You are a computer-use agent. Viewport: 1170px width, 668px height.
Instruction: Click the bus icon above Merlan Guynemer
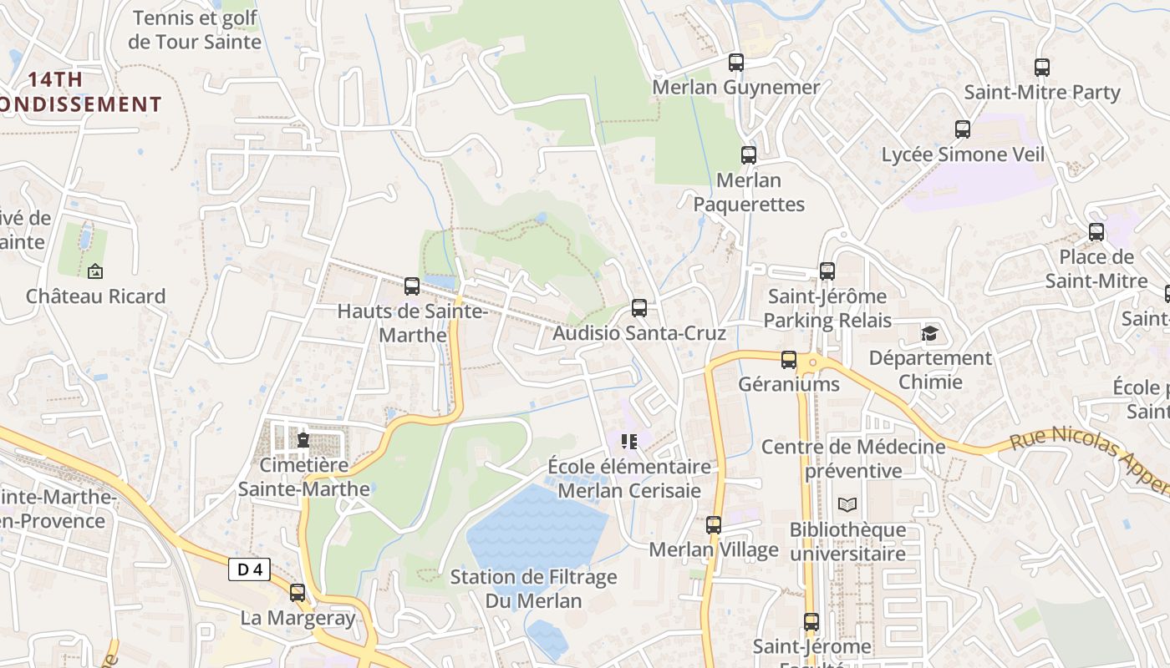[x=735, y=63]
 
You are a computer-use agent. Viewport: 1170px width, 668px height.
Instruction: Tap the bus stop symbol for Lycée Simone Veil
[x=963, y=129]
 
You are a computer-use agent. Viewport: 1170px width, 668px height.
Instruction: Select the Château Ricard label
[x=95, y=296]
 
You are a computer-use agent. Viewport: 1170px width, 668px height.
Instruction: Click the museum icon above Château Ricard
[x=94, y=271]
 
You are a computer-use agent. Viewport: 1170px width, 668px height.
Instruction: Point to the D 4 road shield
[x=249, y=569]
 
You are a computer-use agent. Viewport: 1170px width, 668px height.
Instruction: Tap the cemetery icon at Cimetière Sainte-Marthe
[x=303, y=439]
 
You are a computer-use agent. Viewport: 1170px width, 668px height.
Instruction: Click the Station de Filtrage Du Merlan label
[x=533, y=589]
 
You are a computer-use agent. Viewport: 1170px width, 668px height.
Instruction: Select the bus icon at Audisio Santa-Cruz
[x=639, y=308]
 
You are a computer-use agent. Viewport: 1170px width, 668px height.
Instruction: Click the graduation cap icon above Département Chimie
[x=929, y=334]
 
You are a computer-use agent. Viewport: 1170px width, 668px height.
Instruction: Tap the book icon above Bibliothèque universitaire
[x=847, y=504]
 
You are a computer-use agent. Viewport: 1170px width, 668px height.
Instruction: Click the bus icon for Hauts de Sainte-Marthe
[x=412, y=286]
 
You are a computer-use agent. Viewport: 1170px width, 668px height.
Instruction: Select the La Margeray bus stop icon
[x=298, y=593]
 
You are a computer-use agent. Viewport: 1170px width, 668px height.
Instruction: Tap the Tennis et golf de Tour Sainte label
[x=195, y=30]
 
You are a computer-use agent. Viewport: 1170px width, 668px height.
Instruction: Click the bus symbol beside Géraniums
[x=789, y=360]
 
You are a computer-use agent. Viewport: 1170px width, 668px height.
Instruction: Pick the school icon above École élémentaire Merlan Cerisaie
[x=628, y=441]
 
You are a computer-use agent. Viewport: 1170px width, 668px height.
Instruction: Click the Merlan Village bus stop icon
[x=714, y=525]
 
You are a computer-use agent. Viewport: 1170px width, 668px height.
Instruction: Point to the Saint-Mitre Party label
[x=1041, y=93]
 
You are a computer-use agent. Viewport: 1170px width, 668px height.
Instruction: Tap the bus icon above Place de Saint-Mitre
[x=1096, y=232]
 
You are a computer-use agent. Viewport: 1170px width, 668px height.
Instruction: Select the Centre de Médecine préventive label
[x=853, y=458]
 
